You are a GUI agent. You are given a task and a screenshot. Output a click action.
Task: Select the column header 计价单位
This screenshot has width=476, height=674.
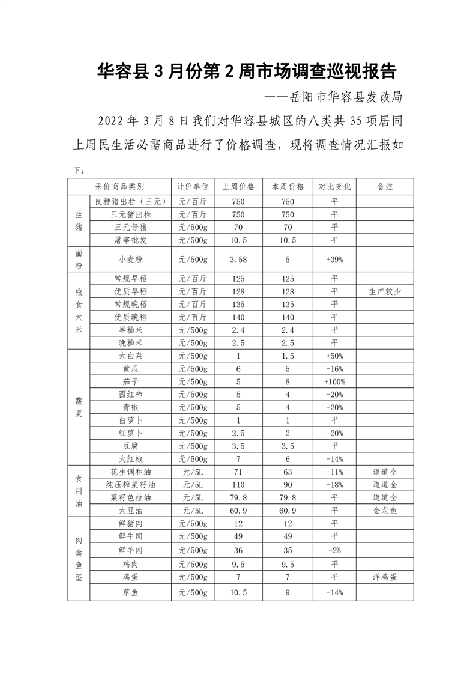(x=192, y=187)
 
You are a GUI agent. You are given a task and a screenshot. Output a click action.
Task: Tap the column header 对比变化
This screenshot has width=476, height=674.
(x=334, y=187)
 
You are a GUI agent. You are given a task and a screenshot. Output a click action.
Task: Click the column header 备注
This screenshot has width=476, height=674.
(x=385, y=187)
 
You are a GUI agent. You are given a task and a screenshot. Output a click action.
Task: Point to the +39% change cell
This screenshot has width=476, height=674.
(x=334, y=260)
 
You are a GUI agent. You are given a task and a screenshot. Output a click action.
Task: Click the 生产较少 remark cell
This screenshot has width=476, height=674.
(x=385, y=291)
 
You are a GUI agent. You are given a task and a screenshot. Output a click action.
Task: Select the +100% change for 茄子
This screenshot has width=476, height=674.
(x=334, y=381)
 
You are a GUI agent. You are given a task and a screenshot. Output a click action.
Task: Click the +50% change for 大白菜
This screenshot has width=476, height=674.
(x=334, y=356)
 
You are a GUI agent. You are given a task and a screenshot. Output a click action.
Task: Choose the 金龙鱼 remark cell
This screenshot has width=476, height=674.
(x=385, y=510)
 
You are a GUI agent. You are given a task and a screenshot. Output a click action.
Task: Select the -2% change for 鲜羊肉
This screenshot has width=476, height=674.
(x=334, y=550)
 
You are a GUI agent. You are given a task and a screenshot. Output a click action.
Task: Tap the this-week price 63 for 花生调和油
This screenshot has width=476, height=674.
(x=288, y=472)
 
